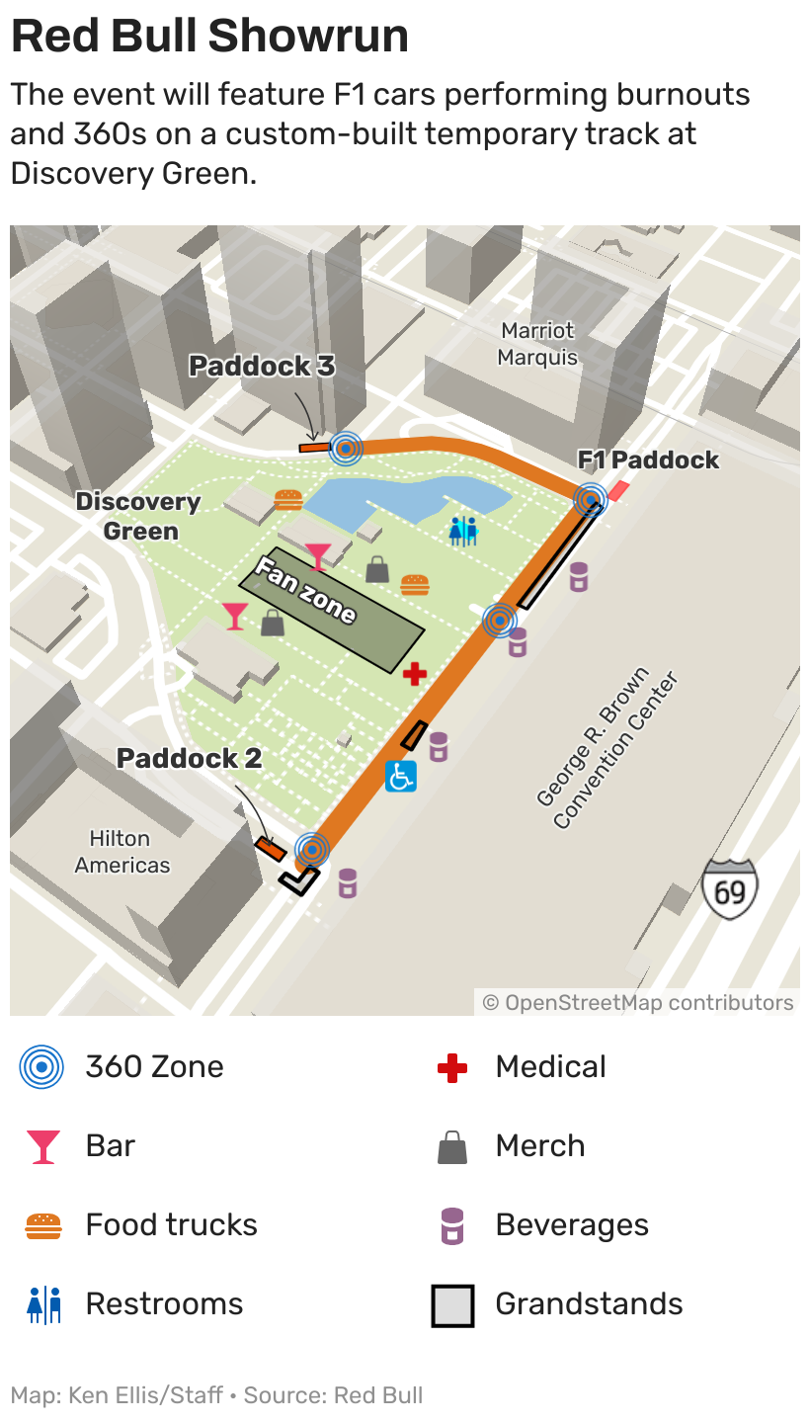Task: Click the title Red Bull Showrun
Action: [x=209, y=37]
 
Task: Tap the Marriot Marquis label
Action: [x=537, y=344]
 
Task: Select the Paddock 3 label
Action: [x=262, y=367]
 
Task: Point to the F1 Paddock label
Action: [x=648, y=460]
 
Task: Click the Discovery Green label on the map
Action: [x=139, y=516]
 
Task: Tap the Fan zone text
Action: [x=305, y=590]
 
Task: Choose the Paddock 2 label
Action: [x=189, y=758]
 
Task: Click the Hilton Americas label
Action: [x=121, y=852]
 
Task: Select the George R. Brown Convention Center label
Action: [x=607, y=750]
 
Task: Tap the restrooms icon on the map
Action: [x=462, y=531]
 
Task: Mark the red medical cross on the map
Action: [x=415, y=674]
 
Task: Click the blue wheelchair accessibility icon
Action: [x=400, y=776]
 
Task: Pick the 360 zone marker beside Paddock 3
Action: [x=346, y=449]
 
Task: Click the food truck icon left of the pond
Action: [x=287, y=499]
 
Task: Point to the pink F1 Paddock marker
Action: [x=617, y=490]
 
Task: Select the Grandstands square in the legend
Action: [x=452, y=1304]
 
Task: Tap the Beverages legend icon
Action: [x=452, y=1225]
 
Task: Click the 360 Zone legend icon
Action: [x=42, y=1067]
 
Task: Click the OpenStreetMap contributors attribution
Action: [x=638, y=1003]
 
